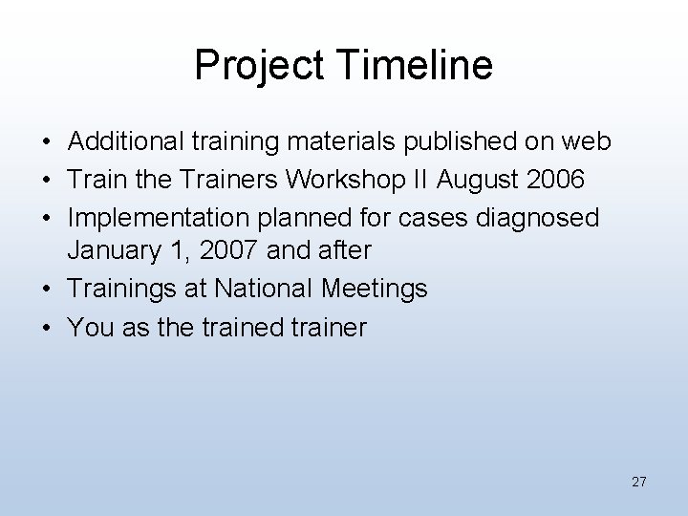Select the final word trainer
(x=329, y=328)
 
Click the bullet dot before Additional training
(x=47, y=143)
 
